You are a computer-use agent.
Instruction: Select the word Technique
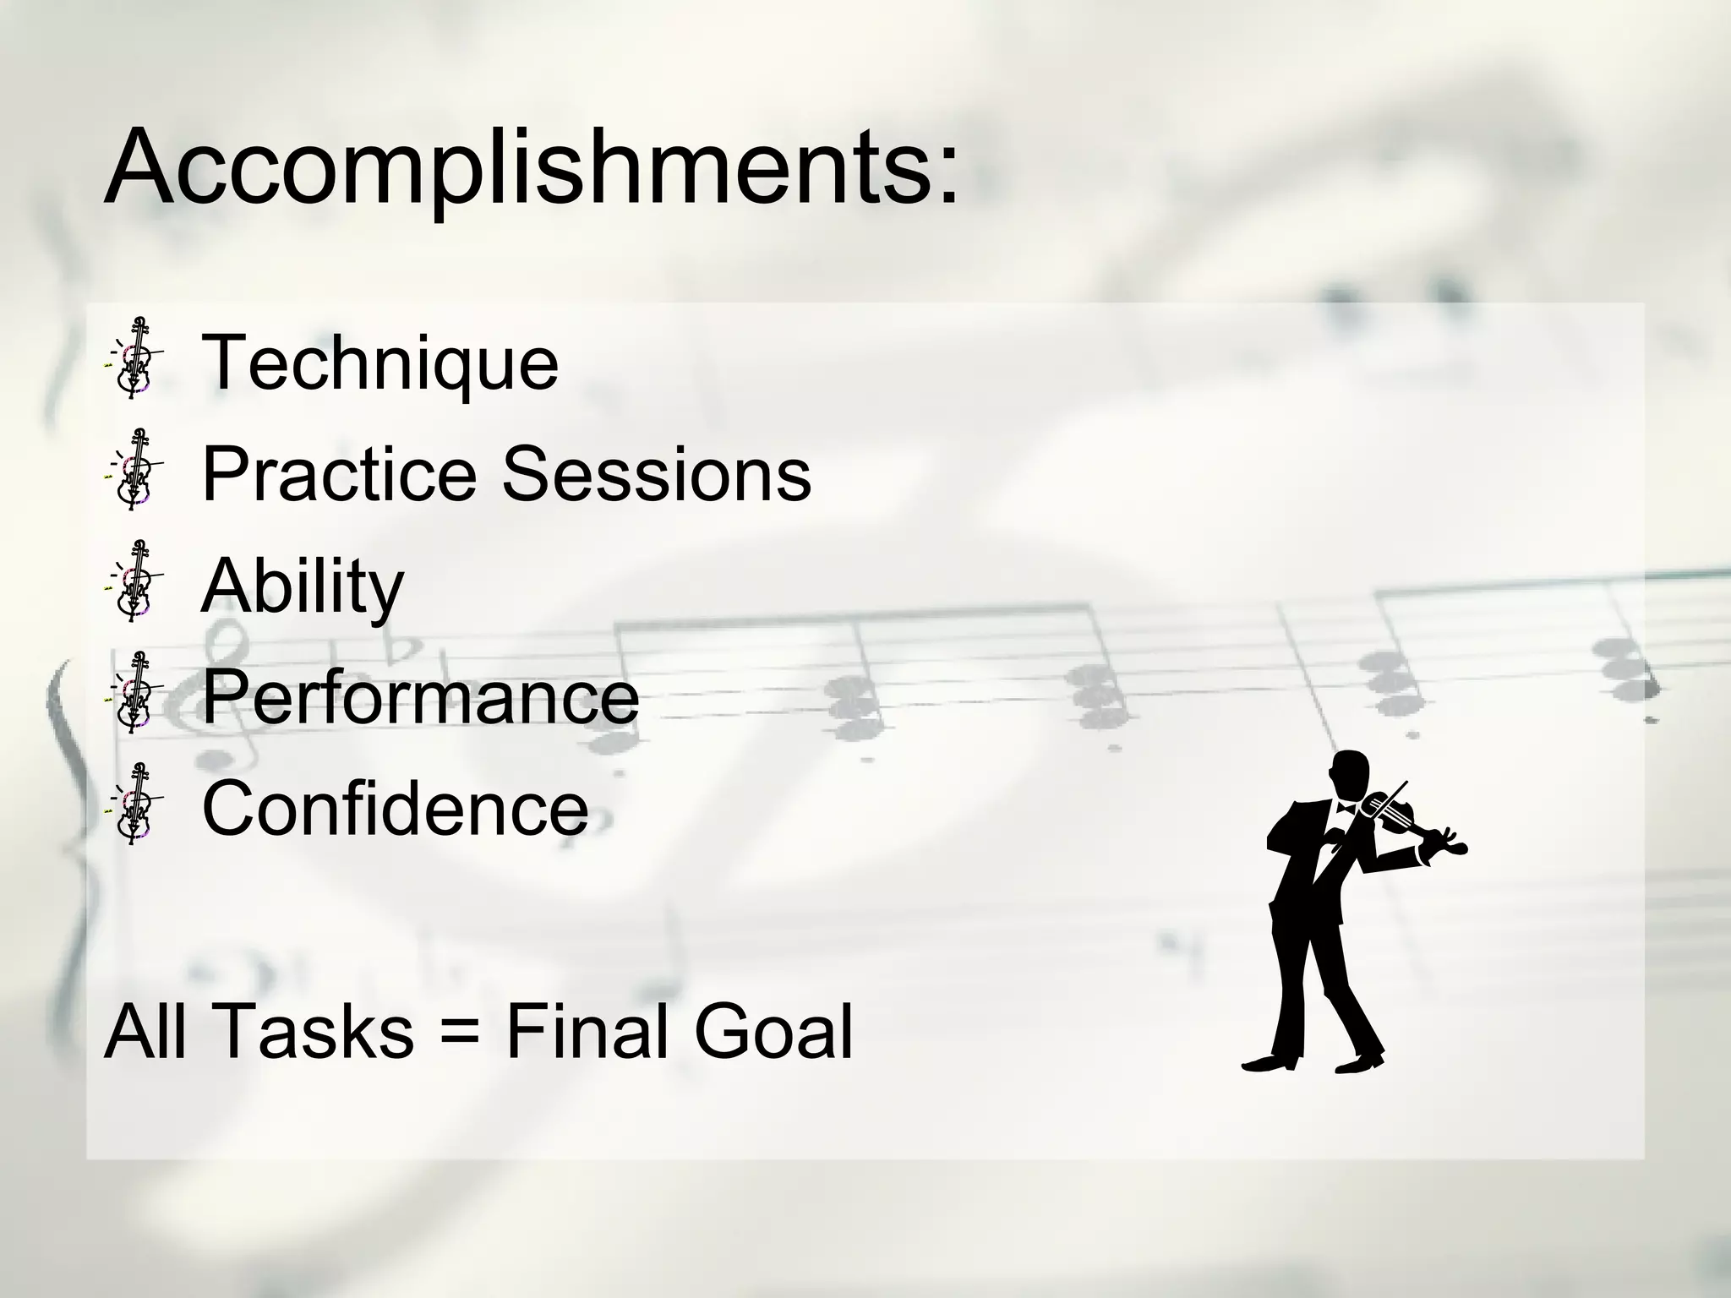380,363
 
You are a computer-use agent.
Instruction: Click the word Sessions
657,474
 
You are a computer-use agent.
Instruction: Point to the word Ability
303,586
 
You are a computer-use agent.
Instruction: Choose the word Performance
420,696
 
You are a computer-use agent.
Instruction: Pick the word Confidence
395,808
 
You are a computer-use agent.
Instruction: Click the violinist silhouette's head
1347,773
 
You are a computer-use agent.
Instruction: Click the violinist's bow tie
1345,808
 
